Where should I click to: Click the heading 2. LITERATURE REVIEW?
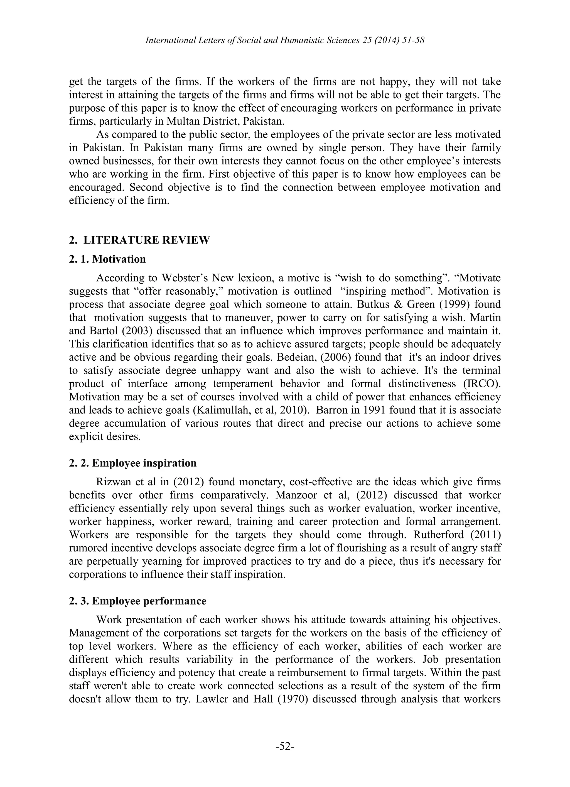[139, 240]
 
